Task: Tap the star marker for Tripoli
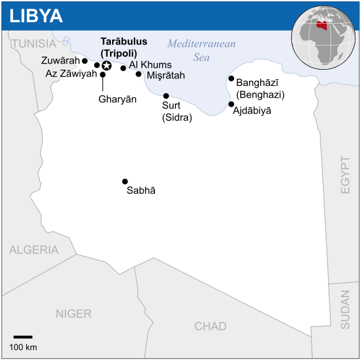[106, 65]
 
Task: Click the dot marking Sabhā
[125, 181]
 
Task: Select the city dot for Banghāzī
[231, 78]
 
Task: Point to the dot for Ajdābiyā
[231, 105]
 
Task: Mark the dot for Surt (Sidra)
[166, 96]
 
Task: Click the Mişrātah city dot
[139, 74]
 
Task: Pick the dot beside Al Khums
[123, 69]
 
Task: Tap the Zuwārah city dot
[85, 61]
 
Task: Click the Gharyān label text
[117, 99]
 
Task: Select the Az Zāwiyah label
[72, 73]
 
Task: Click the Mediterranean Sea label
[202, 50]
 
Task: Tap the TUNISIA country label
[34, 43]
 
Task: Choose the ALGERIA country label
[34, 250]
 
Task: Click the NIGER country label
[73, 314]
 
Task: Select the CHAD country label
[210, 326]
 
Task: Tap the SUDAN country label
[345, 310]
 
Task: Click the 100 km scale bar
[23, 337]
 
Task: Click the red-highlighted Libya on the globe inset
[322, 27]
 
